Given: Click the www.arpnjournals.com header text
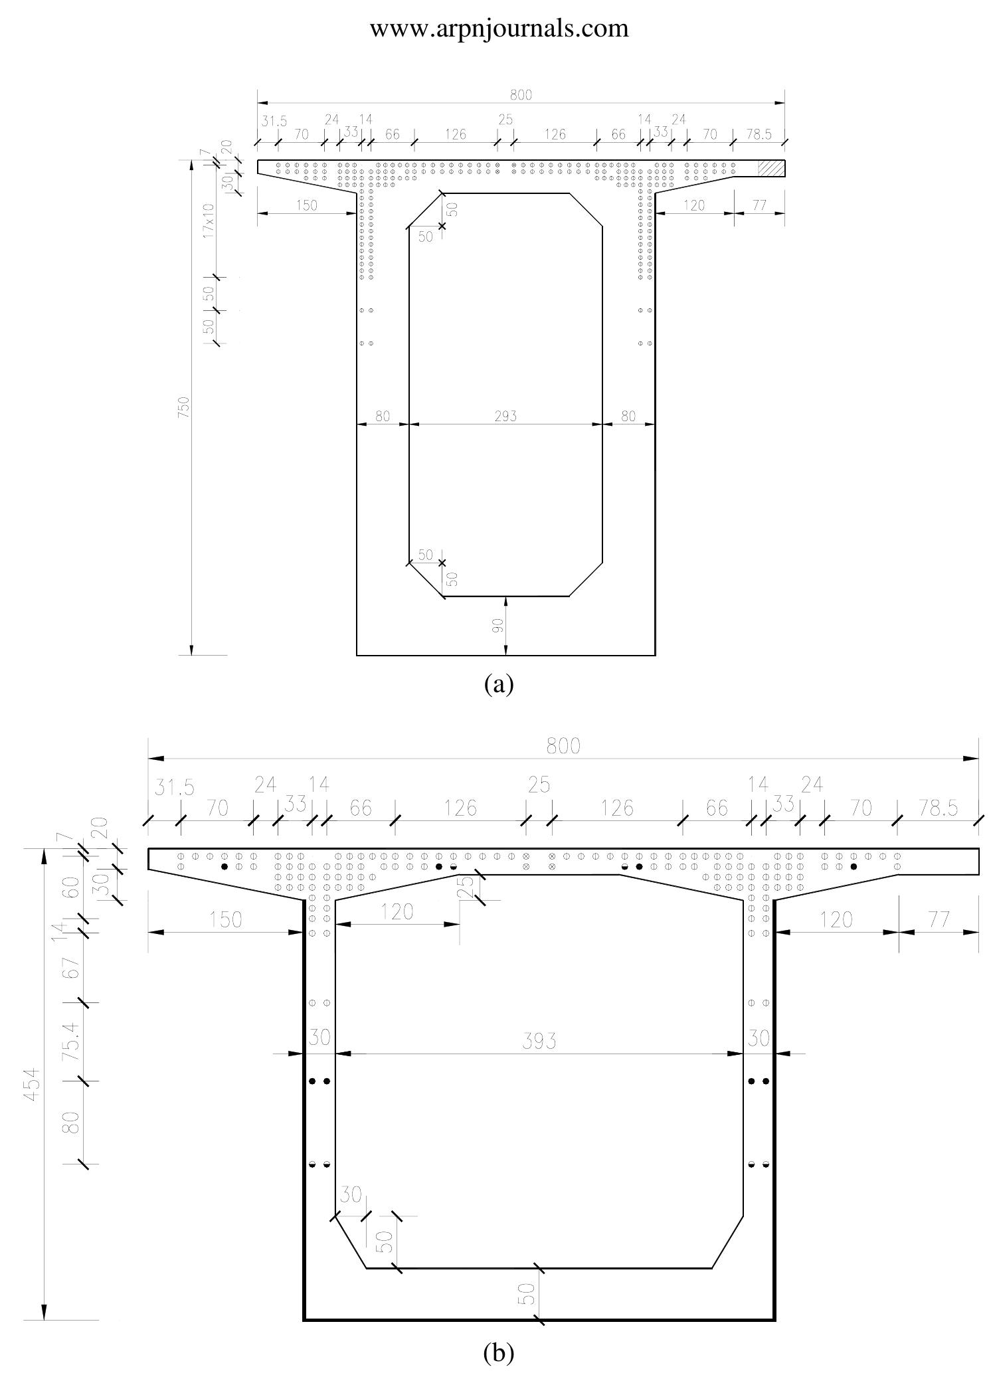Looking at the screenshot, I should (x=499, y=28).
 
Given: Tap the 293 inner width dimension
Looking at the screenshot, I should (x=505, y=416).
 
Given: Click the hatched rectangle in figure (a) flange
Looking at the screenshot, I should (x=772, y=168).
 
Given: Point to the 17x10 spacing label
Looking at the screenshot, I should (x=209, y=221).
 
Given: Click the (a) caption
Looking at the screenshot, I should (x=499, y=684).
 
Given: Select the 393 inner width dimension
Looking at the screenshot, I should (x=539, y=1041).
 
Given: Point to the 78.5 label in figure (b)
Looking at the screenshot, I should (x=938, y=808).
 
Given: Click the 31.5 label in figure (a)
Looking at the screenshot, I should (x=274, y=122).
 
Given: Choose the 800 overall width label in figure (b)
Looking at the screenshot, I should (x=563, y=747).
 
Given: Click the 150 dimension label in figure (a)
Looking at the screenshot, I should (x=306, y=205).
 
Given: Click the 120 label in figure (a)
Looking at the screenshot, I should (x=693, y=205).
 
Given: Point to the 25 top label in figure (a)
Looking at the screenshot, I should (x=505, y=120).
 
